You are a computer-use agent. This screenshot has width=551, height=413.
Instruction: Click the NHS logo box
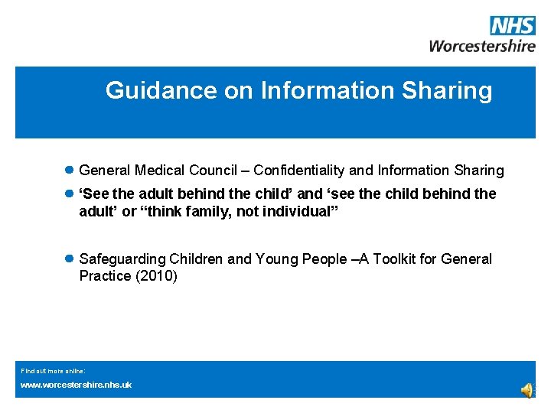tap(513, 25)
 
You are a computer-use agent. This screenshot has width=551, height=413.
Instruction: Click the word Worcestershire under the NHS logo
tap(482, 45)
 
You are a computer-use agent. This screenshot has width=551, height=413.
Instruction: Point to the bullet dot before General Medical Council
tap(68, 170)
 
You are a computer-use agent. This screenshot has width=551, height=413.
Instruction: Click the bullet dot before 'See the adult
tap(68, 194)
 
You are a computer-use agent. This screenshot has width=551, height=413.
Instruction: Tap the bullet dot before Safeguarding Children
tap(68, 259)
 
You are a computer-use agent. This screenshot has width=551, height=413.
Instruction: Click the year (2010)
tap(156, 276)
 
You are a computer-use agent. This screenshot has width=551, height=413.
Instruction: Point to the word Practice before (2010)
tap(105, 276)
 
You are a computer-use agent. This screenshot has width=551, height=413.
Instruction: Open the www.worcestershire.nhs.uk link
tap(76, 385)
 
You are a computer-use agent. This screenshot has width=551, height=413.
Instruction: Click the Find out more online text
tap(53, 370)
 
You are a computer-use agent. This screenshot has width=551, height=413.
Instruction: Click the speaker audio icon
tap(528, 390)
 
